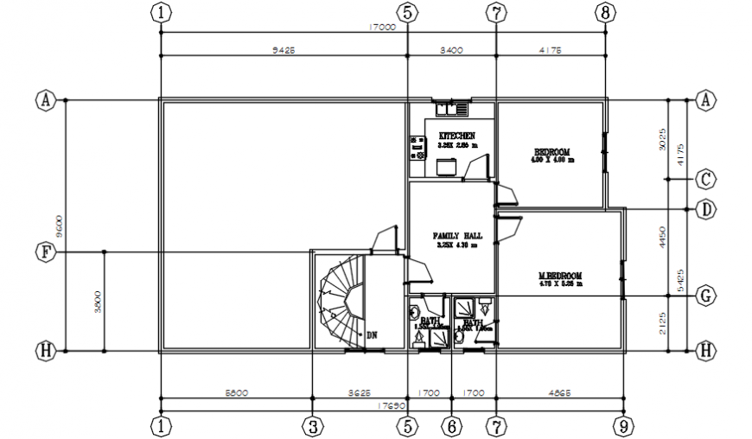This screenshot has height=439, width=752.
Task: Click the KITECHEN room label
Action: pyautogui.click(x=456, y=137)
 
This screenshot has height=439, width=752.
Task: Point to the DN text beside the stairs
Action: pyautogui.click(x=372, y=334)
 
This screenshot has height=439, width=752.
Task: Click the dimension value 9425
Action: pyautogui.click(x=283, y=50)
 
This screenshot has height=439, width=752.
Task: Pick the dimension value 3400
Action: pyautogui.click(x=451, y=50)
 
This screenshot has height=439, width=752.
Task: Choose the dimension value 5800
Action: pyautogui.click(x=236, y=393)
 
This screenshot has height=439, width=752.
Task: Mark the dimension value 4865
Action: pyautogui.click(x=559, y=393)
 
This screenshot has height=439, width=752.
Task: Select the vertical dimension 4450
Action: pyautogui.click(x=662, y=238)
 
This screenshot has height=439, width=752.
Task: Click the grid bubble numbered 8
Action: pyautogui.click(x=605, y=11)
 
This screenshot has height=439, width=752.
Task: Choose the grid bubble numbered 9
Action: pyautogui.click(x=621, y=425)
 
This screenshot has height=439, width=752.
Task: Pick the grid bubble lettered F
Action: pyautogui.click(x=44, y=251)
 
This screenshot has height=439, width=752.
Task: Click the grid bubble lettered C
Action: pyautogui.click(x=706, y=179)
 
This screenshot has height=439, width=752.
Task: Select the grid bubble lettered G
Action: pyautogui.click(x=706, y=296)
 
